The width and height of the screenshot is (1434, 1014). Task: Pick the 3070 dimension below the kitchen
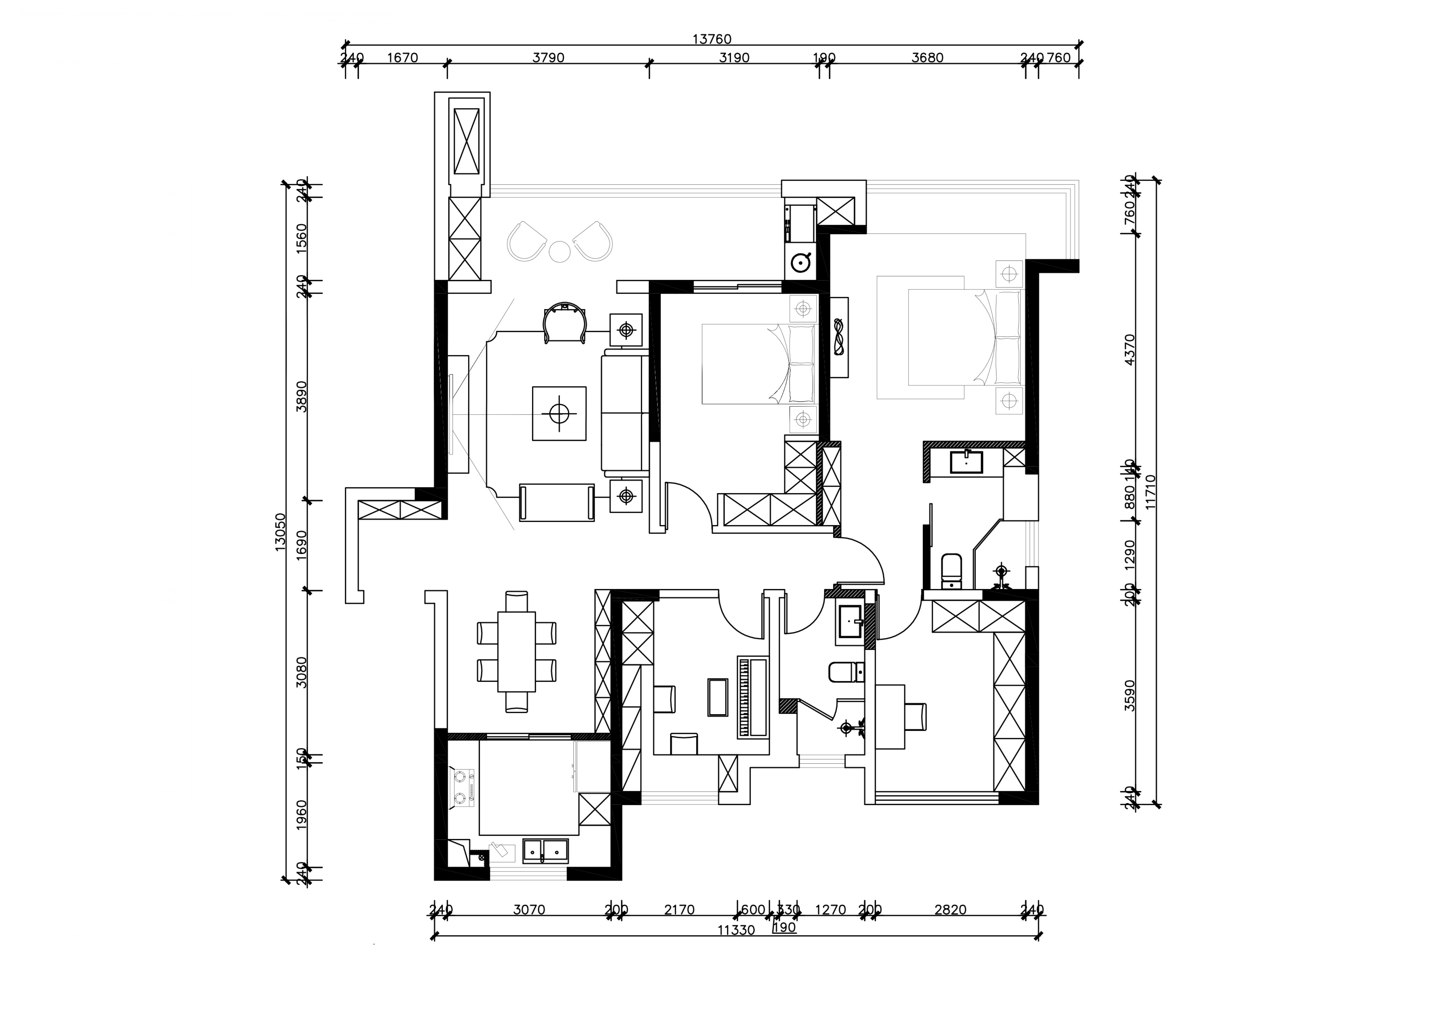tap(529, 910)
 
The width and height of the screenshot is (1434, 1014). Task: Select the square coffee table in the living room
tap(559, 413)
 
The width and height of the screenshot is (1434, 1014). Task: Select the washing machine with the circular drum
tap(801, 263)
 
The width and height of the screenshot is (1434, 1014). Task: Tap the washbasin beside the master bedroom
tap(965, 462)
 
